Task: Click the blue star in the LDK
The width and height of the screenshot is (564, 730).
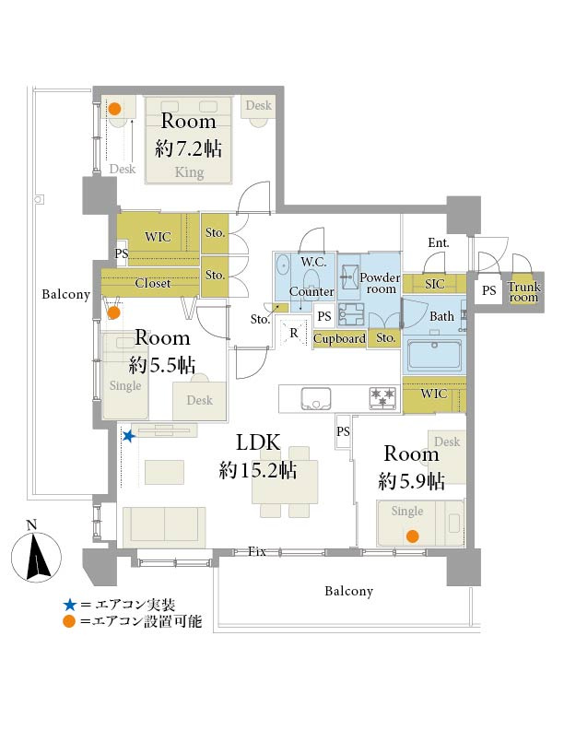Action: point(130,436)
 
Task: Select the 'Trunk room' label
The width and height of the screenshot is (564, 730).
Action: point(524,291)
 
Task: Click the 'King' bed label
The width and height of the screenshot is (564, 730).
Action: point(189,171)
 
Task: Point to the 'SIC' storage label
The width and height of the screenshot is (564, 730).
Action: point(434,285)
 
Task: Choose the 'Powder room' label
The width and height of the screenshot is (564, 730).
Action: point(378,283)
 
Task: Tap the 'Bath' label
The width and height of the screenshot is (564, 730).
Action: point(442,316)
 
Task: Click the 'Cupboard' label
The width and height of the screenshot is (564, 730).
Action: point(339,338)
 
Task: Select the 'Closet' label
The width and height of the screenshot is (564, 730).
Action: point(152,284)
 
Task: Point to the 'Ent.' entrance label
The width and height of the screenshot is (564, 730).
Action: point(438,243)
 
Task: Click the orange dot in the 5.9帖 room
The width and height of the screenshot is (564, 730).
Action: point(413,536)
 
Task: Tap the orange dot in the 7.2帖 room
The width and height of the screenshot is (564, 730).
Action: point(115,109)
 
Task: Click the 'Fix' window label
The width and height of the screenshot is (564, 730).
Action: point(257,551)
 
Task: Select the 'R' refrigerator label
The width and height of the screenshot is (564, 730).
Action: point(293,332)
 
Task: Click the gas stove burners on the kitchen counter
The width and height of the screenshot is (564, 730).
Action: point(383,397)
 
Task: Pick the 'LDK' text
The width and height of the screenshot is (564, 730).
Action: point(257,441)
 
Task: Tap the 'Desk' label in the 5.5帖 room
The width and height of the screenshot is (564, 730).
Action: point(199,400)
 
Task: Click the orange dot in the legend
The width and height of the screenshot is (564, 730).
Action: point(69,623)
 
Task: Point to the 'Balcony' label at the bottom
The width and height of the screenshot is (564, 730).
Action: point(348,591)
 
